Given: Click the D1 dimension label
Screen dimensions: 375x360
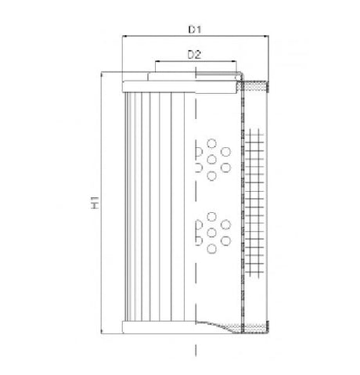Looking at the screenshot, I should (196, 30).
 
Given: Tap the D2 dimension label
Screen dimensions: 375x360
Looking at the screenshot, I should (196, 54).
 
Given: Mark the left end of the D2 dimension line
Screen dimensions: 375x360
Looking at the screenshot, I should (156, 61).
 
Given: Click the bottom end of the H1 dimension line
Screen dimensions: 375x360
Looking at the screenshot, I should (103, 335).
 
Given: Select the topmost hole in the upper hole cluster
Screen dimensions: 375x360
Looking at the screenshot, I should (211, 142).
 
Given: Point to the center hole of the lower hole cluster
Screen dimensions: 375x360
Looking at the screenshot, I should (211, 233).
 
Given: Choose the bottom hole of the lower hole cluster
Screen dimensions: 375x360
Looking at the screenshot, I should (211, 249).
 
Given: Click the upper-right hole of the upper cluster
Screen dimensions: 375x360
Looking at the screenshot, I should (225, 151).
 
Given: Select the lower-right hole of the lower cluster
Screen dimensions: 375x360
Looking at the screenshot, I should (225, 240).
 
